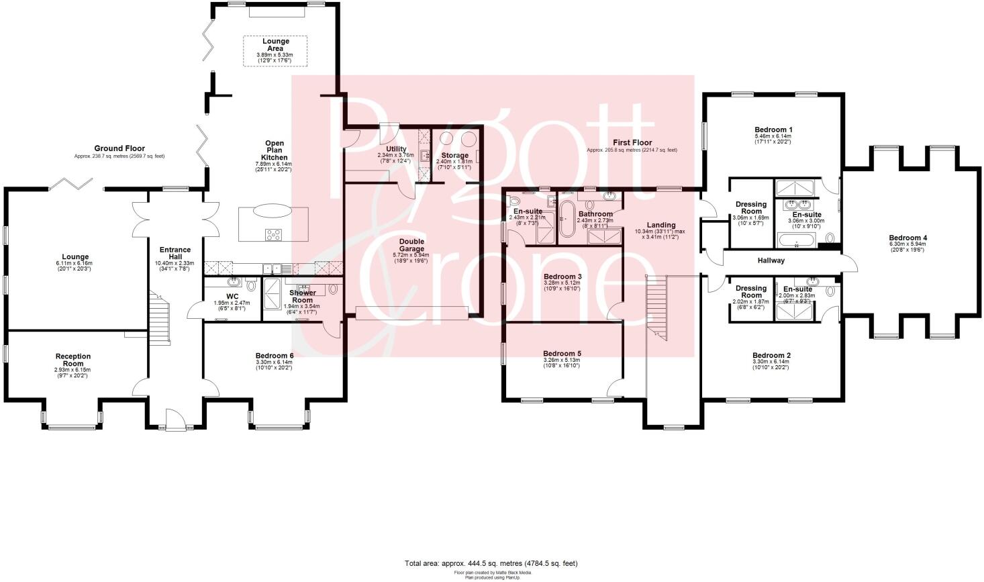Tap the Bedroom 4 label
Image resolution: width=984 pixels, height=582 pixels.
(907, 238)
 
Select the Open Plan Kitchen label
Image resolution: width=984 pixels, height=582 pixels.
(275, 150)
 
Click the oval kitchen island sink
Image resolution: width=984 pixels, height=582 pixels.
(273, 211)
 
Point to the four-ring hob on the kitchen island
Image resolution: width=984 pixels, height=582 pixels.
(274, 234)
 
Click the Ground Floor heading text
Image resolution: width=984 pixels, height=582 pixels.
(119, 148)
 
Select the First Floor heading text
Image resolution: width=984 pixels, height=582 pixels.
(632, 143)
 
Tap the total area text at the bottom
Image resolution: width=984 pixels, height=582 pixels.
(491, 563)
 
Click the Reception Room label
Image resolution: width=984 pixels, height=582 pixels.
(73, 360)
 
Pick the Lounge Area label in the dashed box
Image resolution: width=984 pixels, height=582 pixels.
(275, 44)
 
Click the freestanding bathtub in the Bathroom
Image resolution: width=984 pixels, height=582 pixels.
(567, 219)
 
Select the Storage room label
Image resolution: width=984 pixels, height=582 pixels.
(454, 155)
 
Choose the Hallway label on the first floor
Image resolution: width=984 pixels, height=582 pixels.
(771, 260)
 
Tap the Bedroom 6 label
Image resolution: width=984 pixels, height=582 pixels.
(274, 355)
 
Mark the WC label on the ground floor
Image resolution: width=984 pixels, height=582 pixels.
(232, 296)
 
